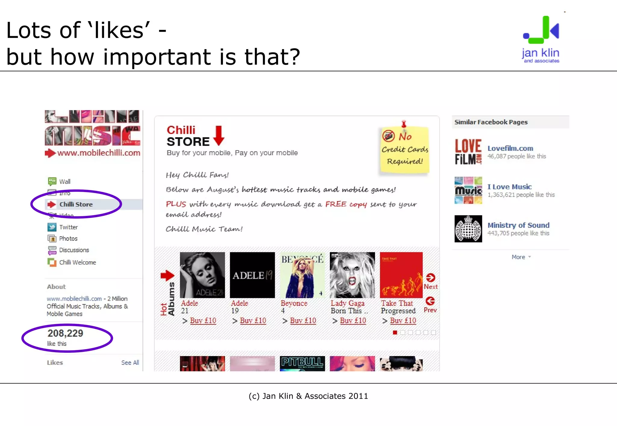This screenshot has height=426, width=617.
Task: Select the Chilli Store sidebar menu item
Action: pos(76,204)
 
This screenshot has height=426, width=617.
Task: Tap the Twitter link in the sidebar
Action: pos(68,227)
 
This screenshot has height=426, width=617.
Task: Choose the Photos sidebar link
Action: pos(68,238)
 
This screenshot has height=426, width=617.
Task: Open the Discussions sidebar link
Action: pos(74,250)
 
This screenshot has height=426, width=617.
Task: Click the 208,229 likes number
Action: pos(65,333)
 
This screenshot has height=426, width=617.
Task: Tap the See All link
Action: pos(130,362)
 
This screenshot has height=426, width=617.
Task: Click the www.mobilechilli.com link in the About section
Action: pos(74,298)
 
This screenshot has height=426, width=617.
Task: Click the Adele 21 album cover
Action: pos(202,275)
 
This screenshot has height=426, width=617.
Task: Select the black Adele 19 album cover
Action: pos(252,275)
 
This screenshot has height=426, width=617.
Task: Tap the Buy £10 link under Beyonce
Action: pos(303,320)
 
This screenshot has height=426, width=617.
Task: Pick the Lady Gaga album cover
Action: pos(352,275)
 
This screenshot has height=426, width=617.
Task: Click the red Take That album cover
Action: pos(401,275)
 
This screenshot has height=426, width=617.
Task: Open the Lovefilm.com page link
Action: pos(510,148)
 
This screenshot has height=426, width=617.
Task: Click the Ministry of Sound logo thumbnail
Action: pos(468,229)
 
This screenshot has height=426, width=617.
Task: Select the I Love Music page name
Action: pos(509,187)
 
